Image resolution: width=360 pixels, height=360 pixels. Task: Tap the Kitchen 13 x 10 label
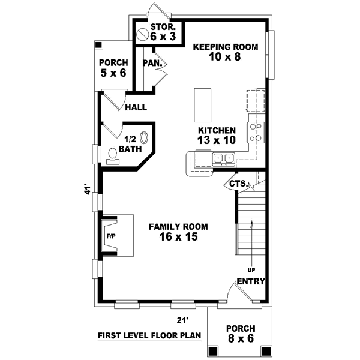click(216, 135)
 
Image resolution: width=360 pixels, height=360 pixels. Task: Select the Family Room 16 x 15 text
click(178, 232)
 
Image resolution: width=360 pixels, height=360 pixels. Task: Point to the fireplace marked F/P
click(112, 236)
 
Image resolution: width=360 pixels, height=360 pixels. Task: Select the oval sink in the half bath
click(144, 137)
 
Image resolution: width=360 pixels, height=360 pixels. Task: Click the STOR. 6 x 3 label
click(163, 32)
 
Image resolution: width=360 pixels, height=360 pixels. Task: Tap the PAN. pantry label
click(149, 62)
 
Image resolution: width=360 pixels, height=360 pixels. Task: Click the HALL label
click(136, 108)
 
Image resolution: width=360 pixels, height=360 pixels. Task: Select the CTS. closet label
click(238, 184)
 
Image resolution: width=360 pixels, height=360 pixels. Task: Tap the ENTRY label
click(251, 281)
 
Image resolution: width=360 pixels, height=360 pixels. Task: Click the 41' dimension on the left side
click(88, 190)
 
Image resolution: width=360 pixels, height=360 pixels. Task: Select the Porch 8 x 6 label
click(241, 334)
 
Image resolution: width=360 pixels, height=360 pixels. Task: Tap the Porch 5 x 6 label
click(113, 68)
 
